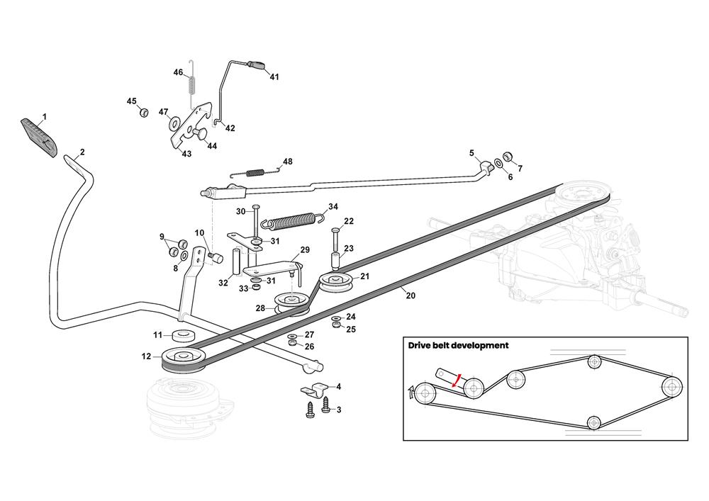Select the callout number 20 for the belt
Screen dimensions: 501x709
pyautogui.click(x=411, y=296)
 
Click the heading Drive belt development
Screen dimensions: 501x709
pyautogui.click(x=458, y=346)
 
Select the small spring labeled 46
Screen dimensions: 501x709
pyautogui.click(x=190, y=84)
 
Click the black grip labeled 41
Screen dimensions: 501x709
pyautogui.click(x=257, y=66)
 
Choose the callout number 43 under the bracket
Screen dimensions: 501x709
pyautogui.click(x=186, y=154)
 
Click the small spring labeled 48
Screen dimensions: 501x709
pyautogui.click(x=249, y=171)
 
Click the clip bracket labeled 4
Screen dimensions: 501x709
pyautogui.click(x=313, y=389)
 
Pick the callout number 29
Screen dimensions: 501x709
pyautogui.click(x=305, y=250)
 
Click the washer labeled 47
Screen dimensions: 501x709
pyautogui.click(x=174, y=124)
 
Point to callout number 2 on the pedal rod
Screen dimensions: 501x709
pyautogui.click(x=82, y=152)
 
